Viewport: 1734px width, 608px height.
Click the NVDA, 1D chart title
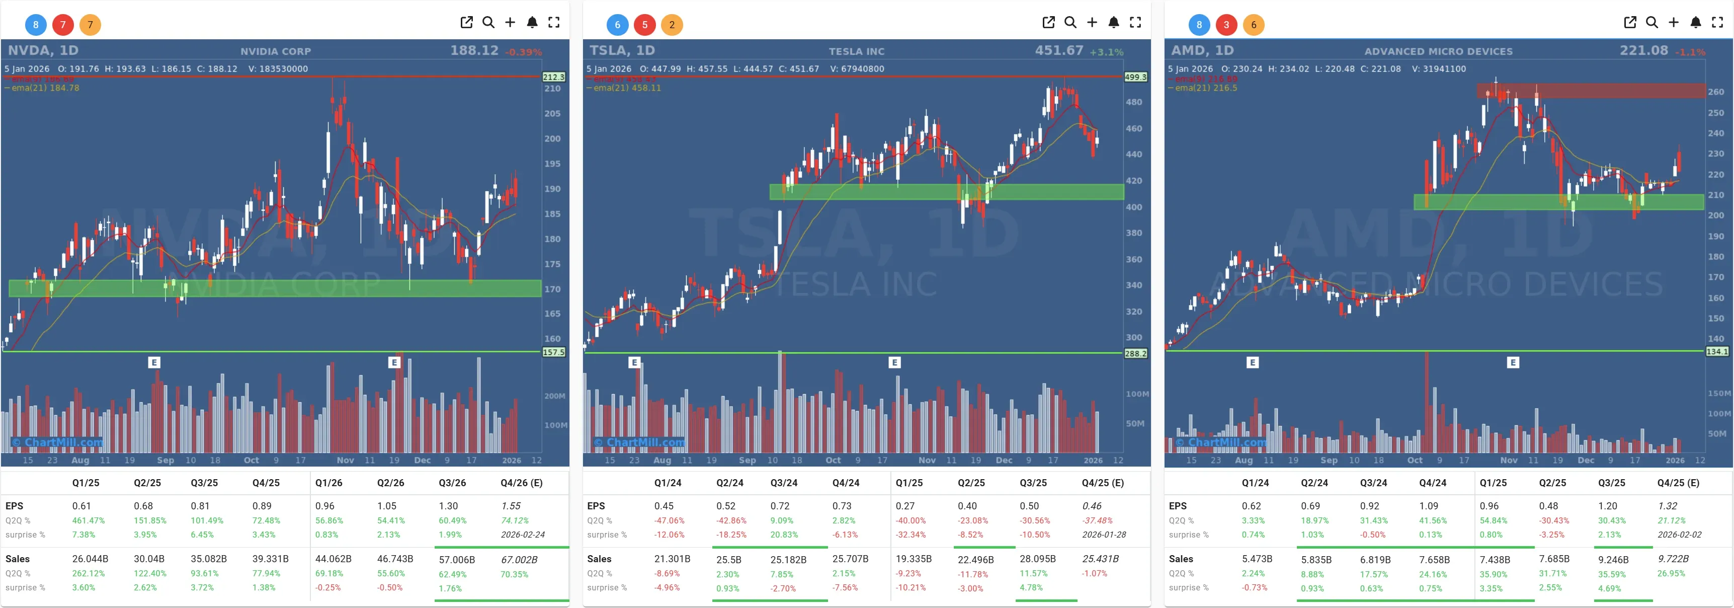tap(43, 50)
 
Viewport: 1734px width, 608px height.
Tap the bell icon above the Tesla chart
tap(1113, 22)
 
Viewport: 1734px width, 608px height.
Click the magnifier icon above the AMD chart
tap(1651, 22)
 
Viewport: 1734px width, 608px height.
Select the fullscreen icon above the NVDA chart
tap(553, 22)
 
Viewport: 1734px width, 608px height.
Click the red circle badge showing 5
tap(644, 25)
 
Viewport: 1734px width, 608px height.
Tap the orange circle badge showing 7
tap(90, 25)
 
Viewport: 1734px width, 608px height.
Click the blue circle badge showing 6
tap(617, 25)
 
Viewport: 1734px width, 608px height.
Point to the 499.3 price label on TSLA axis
tap(1135, 77)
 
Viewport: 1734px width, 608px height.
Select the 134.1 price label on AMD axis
tap(1716, 351)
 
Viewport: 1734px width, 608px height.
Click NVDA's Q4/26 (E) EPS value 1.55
tap(511, 506)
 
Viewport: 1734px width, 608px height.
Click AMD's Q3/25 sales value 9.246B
tap(1613, 560)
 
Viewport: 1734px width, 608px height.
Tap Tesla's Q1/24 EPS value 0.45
tap(664, 506)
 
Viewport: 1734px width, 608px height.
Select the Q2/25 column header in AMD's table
tap(1552, 483)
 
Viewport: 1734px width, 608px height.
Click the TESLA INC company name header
tap(856, 51)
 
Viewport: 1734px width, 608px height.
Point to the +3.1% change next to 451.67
tap(1107, 52)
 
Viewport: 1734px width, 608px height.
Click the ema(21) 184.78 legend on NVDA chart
tap(44, 88)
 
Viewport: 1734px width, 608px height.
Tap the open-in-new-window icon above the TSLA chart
tap(1048, 22)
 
